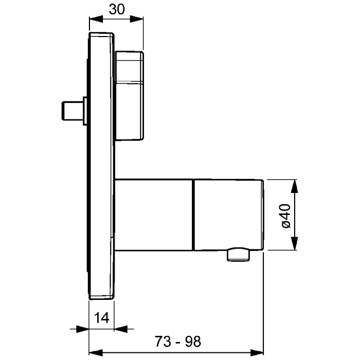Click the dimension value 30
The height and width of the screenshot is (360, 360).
pyautogui.click(x=116, y=9)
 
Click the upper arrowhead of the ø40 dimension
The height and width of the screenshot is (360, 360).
pyautogui.click(x=295, y=186)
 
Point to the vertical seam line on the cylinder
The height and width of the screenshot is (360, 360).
pyautogui.click(x=193, y=215)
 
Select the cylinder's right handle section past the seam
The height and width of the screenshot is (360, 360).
pyautogui.click(x=228, y=215)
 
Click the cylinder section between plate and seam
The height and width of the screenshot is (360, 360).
pyautogui.click(x=153, y=215)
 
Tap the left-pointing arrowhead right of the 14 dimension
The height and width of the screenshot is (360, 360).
pyautogui.click(x=121, y=329)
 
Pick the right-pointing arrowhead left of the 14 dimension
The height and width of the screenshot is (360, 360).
pyautogui.click(x=83, y=329)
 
